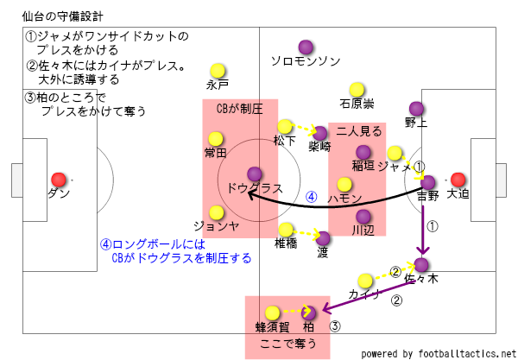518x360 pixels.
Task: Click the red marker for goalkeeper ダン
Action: [x=59, y=180]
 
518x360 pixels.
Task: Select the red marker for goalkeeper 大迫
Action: [x=458, y=180]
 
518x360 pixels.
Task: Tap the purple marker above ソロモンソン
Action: [x=305, y=47]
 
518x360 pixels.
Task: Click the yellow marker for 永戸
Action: [x=217, y=71]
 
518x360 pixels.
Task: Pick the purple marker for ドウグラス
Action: [x=255, y=174]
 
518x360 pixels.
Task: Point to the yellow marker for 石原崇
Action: [x=357, y=89]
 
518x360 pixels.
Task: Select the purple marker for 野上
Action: [x=415, y=108]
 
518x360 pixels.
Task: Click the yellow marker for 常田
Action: [x=215, y=138]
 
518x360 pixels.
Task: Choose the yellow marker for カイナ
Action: [x=364, y=280]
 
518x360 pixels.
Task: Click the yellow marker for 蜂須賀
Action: [x=273, y=313]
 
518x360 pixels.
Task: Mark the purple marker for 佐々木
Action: [x=421, y=264]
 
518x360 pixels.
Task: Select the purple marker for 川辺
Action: [x=363, y=216]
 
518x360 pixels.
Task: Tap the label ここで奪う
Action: [x=288, y=344]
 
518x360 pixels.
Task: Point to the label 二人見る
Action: [x=356, y=130]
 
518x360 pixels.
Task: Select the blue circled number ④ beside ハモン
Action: [x=313, y=197]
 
